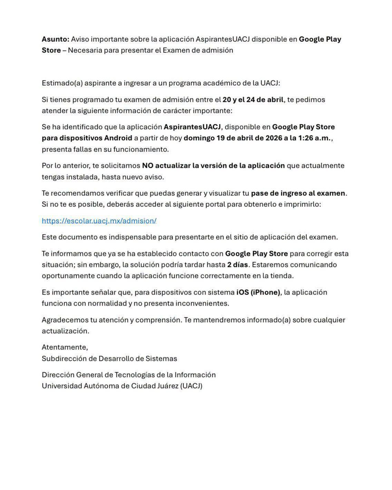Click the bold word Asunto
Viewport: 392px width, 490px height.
pyautogui.click(x=55, y=39)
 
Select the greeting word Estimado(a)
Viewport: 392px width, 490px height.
pyautogui.click(x=62, y=83)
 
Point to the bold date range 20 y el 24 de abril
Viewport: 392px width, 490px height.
pyautogui.click(x=253, y=99)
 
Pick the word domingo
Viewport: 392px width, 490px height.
pyautogui.click(x=199, y=138)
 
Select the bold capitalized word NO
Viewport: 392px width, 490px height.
pyautogui.click(x=147, y=165)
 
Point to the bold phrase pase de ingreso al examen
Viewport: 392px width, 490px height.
pyautogui.click(x=298, y=193)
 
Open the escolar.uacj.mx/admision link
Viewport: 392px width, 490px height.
pyautogui.click(x=99, y=221)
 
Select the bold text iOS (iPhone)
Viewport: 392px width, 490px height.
pyautogui.click(x=258, y=292)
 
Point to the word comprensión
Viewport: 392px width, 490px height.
pyautogui.click(x=158, y=320)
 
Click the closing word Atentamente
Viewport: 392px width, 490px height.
pyautogui.click(x=65, y=347)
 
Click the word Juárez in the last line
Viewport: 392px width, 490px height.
pyautogui.click(x=166, y=386)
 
